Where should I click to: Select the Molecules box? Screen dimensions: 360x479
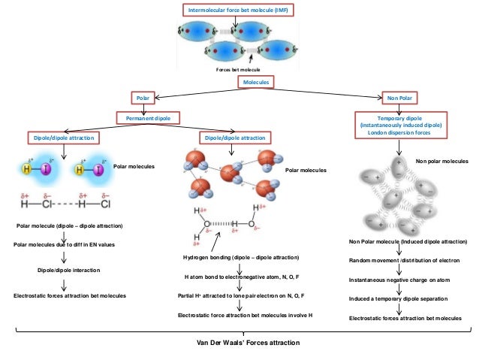point(255,81)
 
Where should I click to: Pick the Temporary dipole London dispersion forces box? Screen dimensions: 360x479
point(400,125)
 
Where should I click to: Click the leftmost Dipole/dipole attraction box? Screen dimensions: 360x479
point(64,139)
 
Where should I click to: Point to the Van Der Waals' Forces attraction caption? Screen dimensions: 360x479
point(242,343)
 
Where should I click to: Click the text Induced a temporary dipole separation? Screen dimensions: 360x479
point(399,298)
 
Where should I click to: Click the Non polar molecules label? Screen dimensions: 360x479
point(441,161)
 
